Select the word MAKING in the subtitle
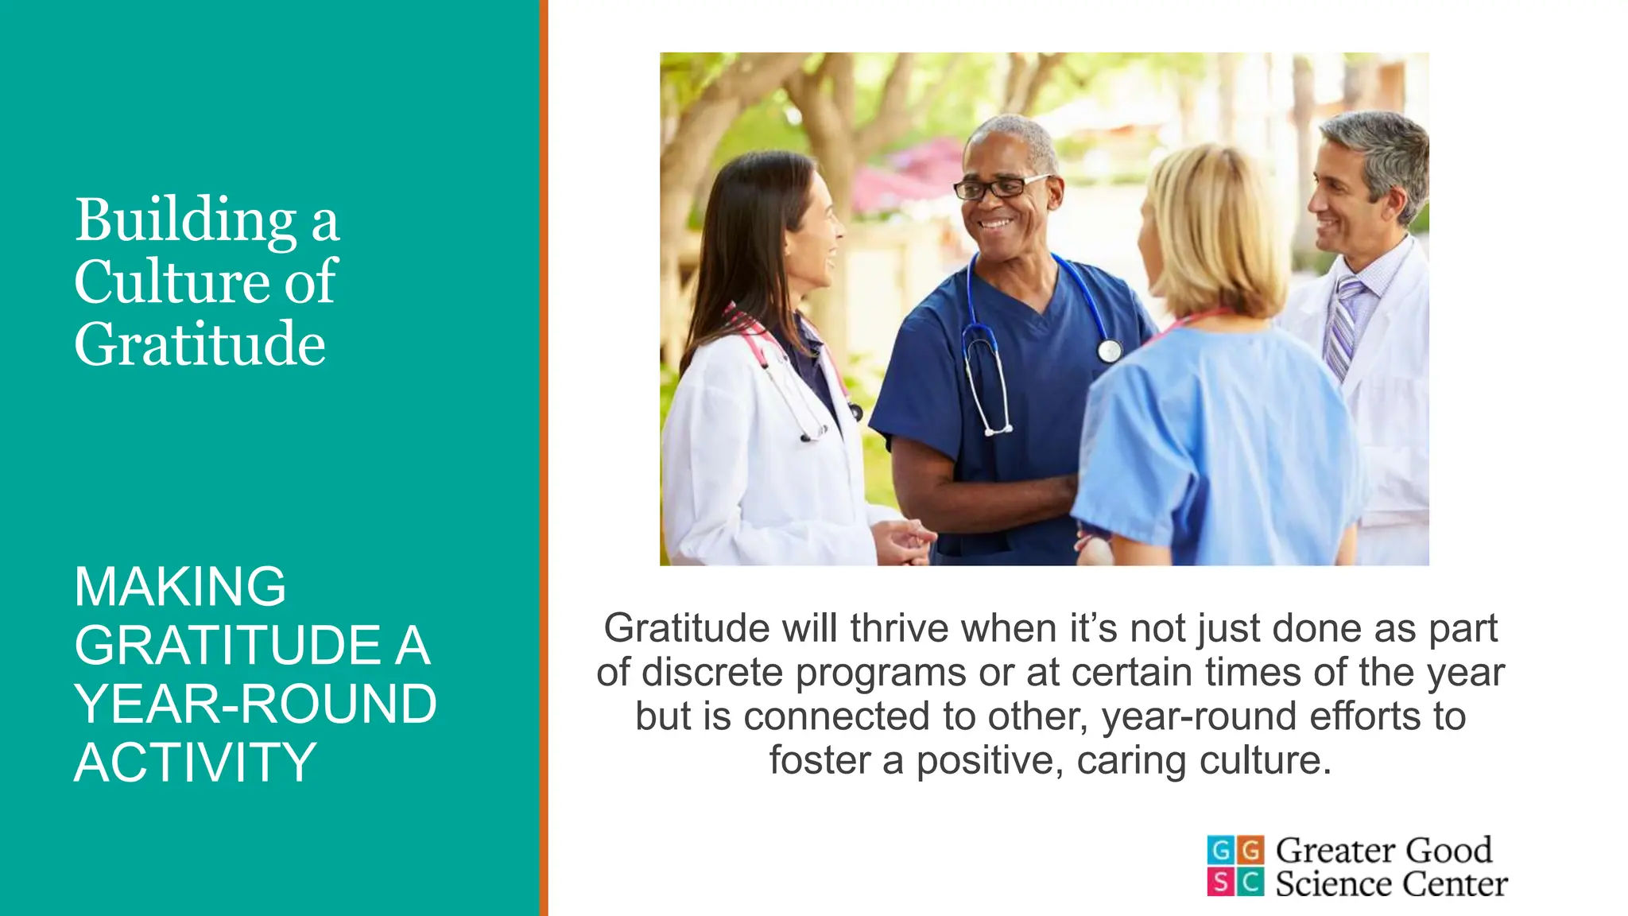180,587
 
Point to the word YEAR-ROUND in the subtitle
255,704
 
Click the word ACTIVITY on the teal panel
196,763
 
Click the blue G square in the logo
1220,850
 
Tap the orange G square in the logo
1250,850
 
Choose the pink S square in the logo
1220,881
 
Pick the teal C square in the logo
1250,881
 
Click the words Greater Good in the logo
1384,851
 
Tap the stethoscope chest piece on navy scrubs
1110,350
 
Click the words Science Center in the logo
1391,884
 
